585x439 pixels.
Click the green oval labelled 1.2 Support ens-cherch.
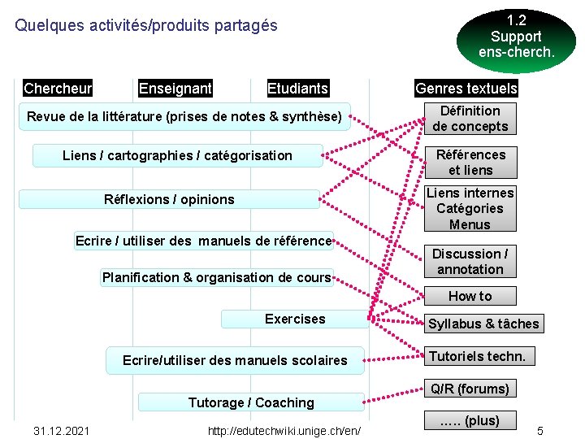[x=516, y=37]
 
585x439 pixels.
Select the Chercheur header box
[x=58, y=88]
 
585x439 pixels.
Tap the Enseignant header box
[x=175, y=88]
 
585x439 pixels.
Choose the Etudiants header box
[x=298, y=88]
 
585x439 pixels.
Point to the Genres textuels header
[x=466, y=88]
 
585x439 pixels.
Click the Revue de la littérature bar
[x=184, y=117]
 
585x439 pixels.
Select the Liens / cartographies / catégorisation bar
[x=177, y=155]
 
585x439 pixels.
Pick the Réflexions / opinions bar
[x=169, y=199]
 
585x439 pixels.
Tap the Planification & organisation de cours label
[x=216, y=277]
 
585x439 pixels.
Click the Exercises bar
[x=294, y=319]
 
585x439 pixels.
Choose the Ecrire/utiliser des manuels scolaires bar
[x=235, y=360]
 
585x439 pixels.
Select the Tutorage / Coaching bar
[x=251, y=402]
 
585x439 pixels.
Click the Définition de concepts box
[x=470, y=119]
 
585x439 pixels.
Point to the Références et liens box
[x=470, y=163]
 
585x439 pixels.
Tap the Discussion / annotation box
[x=470, y=262]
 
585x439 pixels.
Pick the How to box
[x=470, y=296]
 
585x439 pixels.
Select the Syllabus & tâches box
[x=483, y=324]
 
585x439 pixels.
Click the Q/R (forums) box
[x=470, y=389]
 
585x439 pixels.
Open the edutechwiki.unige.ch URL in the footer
[x=285, y=430]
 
